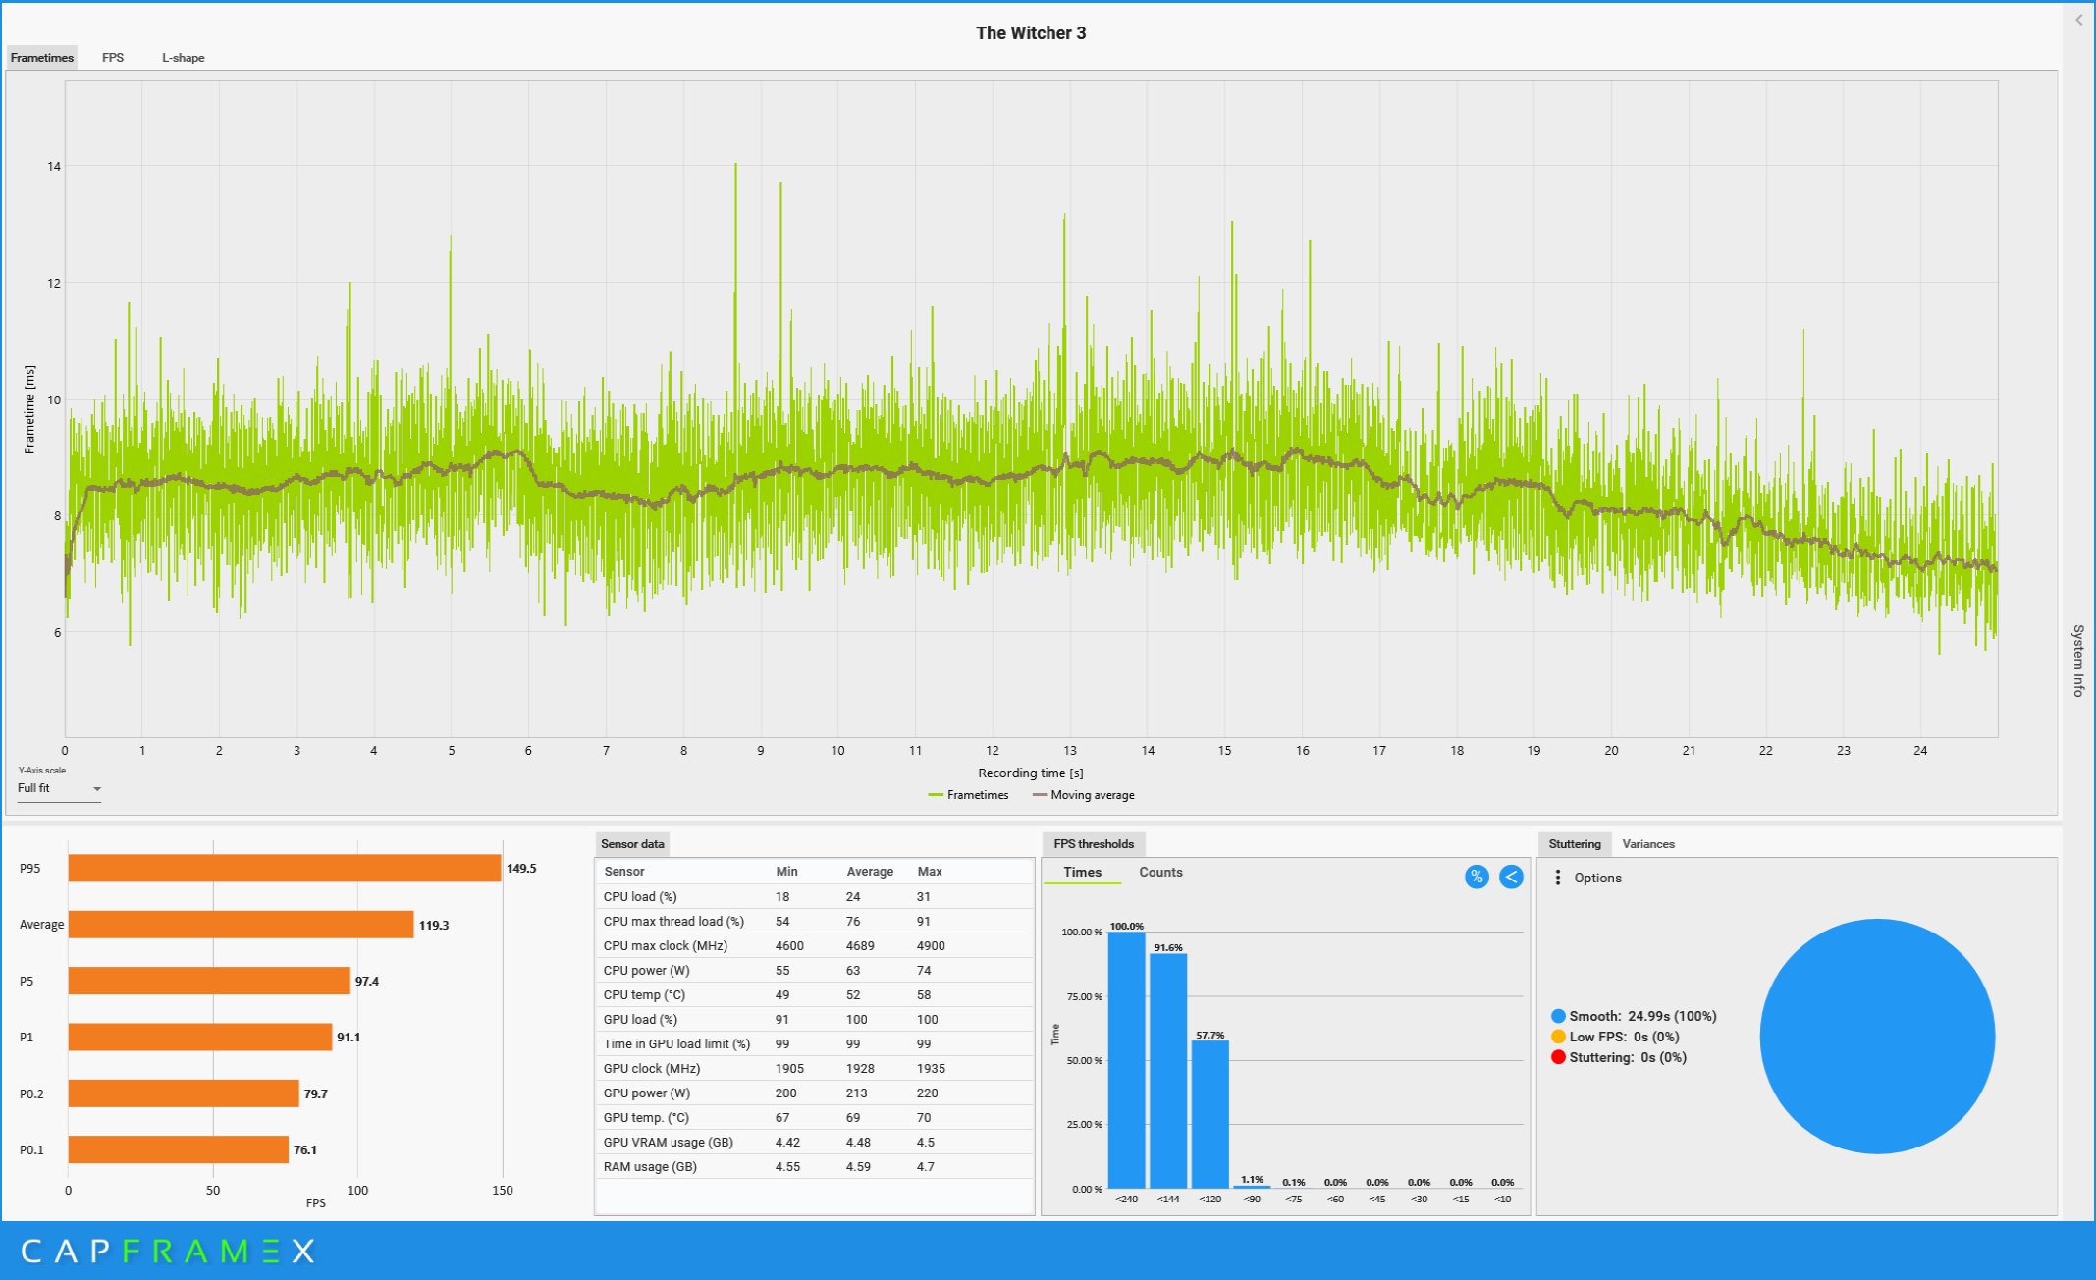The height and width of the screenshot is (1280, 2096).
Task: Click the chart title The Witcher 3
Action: pos(1031,33)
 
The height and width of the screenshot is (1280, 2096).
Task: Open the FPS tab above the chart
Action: pos(113,58)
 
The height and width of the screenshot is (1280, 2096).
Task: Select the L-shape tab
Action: pos(184,58)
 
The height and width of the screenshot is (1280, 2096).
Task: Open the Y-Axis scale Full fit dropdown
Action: pos(59,789)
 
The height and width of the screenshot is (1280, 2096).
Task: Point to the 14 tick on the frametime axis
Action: pos(54,167)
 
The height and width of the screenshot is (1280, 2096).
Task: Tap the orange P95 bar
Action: pos(285,869)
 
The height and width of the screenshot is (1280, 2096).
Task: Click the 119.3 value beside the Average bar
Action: pos(434,926)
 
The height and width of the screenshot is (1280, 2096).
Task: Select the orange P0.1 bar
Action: pos(178,1149)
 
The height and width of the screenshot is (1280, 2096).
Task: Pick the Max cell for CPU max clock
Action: pos(931,946)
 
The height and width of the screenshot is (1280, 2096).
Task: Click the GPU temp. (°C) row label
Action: pos(646,1118)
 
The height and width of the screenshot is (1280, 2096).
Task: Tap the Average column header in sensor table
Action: pos(870,872)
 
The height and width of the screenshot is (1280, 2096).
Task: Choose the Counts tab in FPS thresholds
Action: pos(1160,873)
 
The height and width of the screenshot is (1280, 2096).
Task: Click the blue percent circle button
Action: pos(1477,878)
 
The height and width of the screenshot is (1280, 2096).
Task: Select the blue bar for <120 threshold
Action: pos(1209,1114)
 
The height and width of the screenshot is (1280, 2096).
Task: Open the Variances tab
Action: pos(1648,844)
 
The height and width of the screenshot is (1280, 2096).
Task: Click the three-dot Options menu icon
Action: pos(1558,878)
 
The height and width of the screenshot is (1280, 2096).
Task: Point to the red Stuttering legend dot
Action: pos(1558,1057)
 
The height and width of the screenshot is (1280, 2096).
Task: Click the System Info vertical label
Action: pos(2078,661)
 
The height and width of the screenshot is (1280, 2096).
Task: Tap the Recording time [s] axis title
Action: pos(1031,773)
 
